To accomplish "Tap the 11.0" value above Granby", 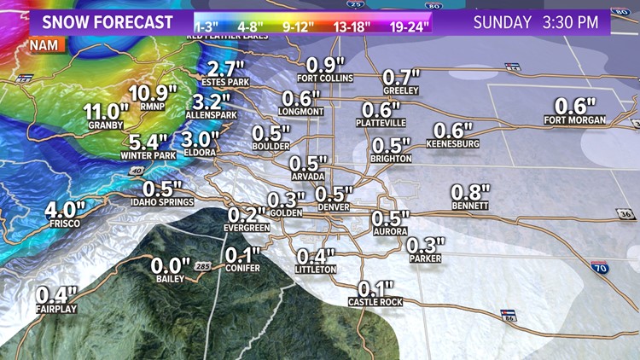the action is tap(107, 111).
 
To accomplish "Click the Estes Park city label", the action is tap(224, 82).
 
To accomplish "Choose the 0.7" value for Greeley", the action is tap(402, 78).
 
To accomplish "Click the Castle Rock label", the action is tap(375, 302).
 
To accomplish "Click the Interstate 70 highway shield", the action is tap(599, 267).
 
